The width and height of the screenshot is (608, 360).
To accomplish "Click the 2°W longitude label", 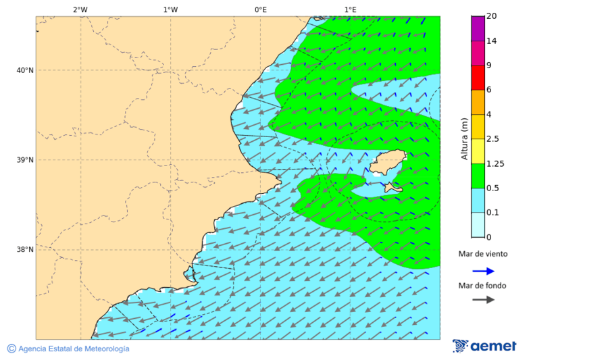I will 80,9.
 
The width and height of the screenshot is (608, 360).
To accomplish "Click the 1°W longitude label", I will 170,9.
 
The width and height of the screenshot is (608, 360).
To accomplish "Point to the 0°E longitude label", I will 260,9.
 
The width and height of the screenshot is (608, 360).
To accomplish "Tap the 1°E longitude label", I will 350,9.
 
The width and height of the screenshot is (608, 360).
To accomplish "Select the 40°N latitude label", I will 25,70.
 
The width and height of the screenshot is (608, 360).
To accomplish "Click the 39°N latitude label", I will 25,160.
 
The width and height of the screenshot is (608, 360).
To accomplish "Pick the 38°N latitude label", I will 25,250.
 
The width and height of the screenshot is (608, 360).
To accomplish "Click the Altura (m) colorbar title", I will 464,139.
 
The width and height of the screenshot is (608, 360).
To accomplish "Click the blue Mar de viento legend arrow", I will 483,271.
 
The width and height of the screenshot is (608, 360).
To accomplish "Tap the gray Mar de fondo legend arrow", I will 483,300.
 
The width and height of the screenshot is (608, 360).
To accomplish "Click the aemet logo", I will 484,346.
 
